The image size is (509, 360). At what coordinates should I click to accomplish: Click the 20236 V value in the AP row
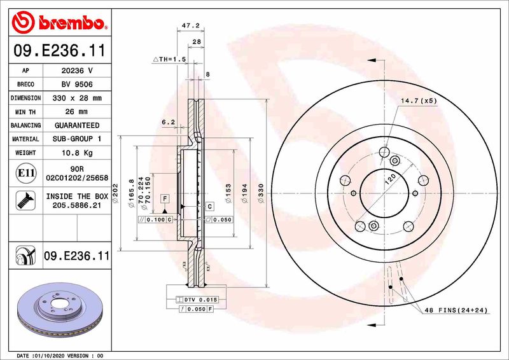pos(77,70)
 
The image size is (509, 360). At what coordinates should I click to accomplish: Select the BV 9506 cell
pos(77,84)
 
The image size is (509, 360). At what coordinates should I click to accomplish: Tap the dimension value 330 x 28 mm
pos(77,98)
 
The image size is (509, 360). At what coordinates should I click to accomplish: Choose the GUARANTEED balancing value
pos(77,125)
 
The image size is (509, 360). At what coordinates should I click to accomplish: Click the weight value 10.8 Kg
pos(77,153)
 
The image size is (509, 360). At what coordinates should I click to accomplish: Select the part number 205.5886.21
pos(77,206)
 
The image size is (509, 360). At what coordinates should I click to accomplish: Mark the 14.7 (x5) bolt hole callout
pos(418,100)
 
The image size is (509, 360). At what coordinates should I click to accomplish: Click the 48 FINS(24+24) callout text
pos(456,310)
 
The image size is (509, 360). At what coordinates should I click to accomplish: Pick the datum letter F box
pos(164,199)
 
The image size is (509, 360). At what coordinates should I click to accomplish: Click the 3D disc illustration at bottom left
pos(60,310)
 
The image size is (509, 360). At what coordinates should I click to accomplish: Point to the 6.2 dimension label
pos(168,121)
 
